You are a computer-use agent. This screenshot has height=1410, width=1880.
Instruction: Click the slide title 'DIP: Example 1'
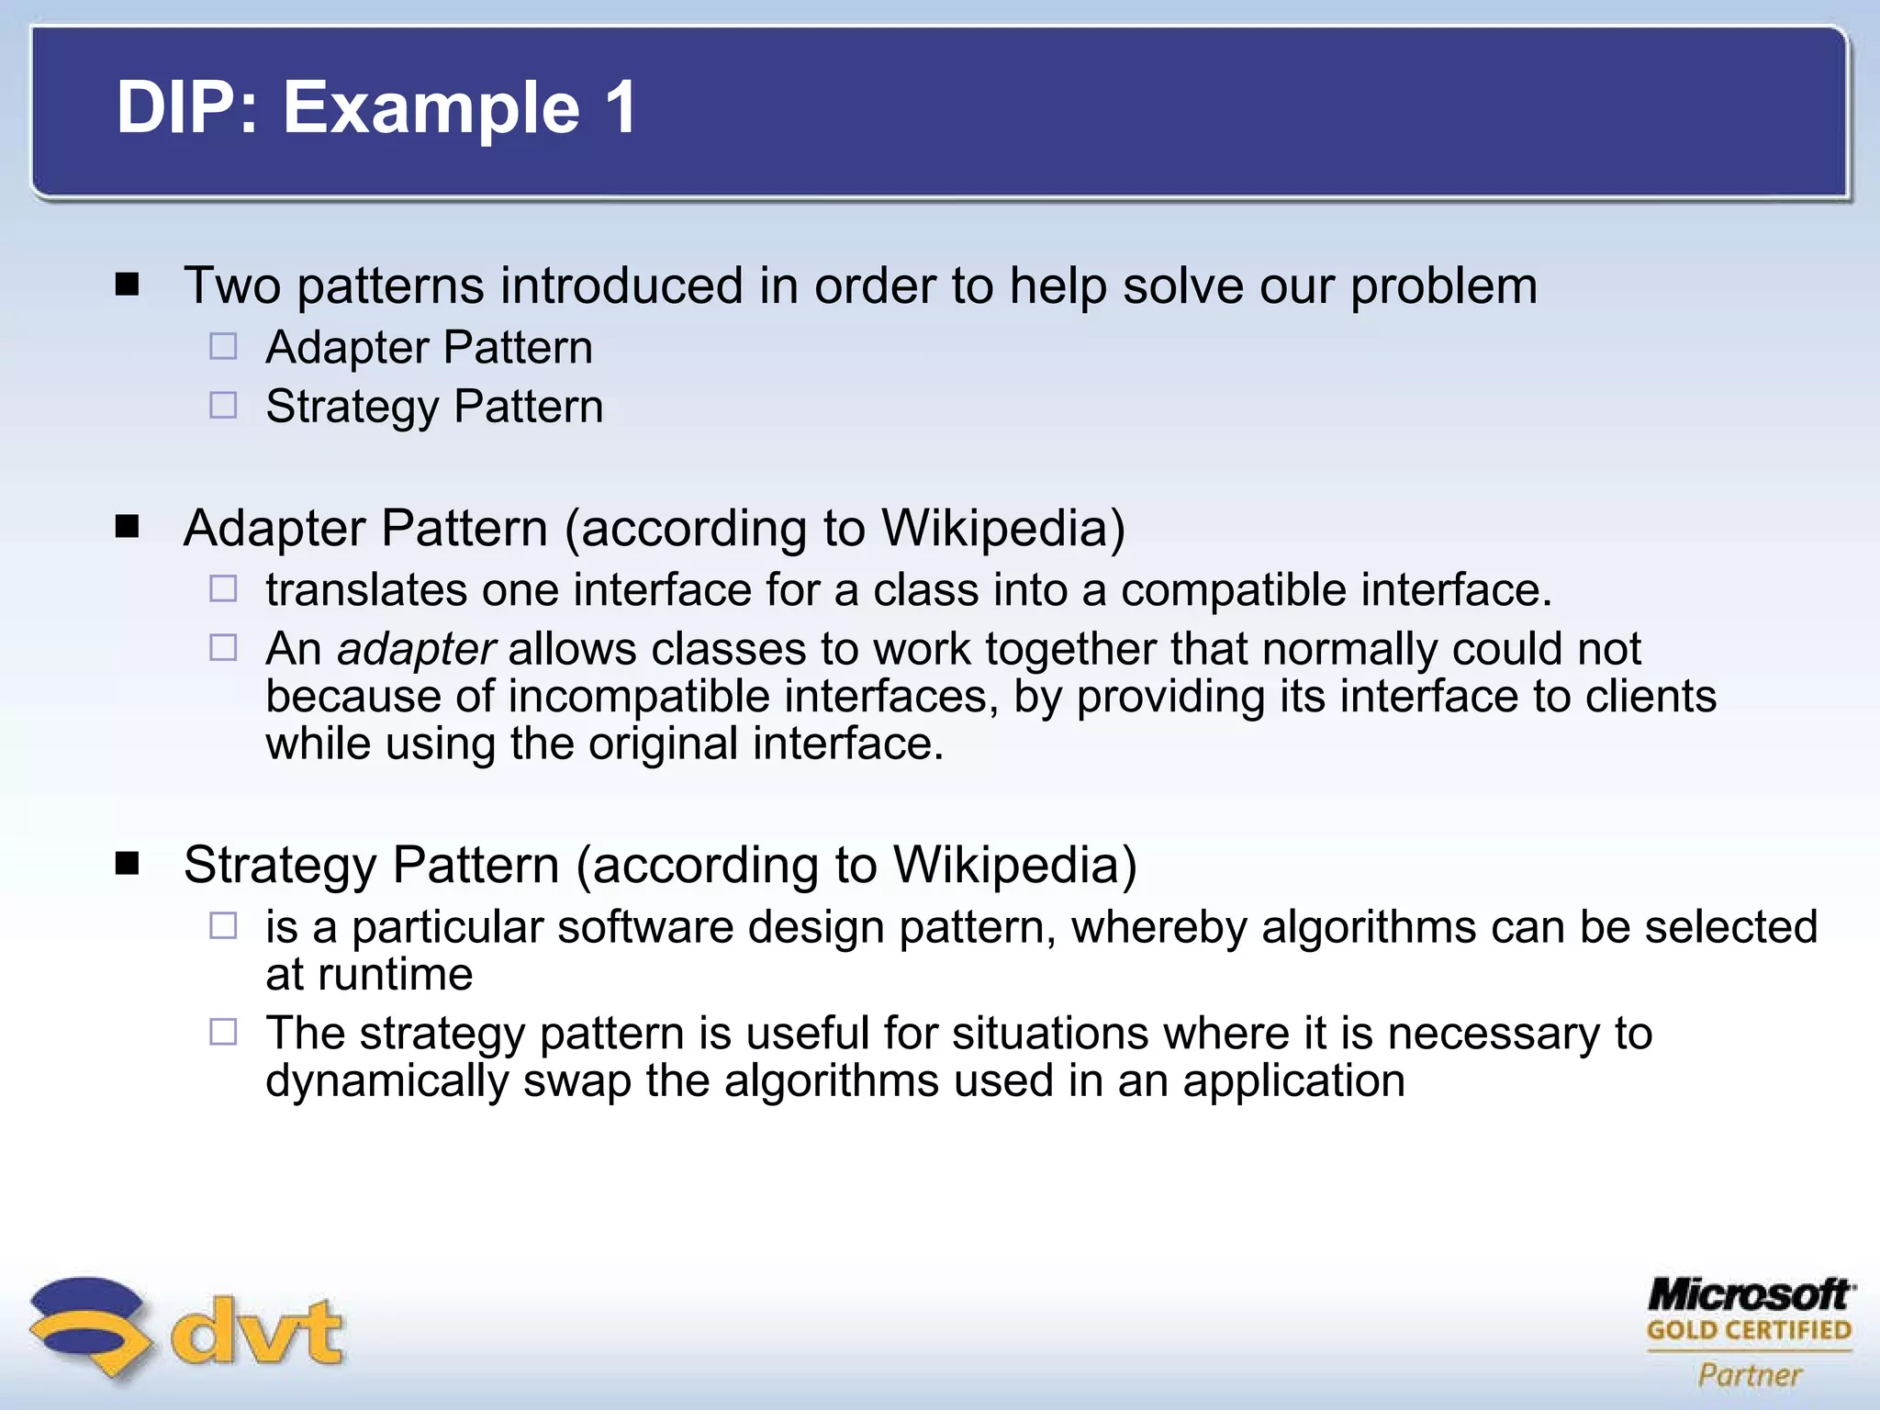(x=376, y=107)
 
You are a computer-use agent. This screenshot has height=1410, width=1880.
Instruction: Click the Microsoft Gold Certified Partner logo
(x=1750, y=1332)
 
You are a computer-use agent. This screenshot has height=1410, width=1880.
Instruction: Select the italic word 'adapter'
(x=417, y=649)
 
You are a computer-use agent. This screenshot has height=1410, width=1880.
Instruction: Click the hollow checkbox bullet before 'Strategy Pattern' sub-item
(x=223, y=406)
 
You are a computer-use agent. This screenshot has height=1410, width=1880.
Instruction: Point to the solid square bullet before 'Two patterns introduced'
(x=128, y=285)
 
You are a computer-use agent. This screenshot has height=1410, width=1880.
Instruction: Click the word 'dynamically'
(x=386, y=1080)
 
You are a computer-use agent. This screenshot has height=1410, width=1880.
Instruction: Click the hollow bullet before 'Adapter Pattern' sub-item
(x=223, y=347)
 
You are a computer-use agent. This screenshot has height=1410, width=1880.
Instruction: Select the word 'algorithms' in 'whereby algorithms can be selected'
(x=1369, y=927)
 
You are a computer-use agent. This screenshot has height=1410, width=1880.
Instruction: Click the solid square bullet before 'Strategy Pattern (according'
(x=128, y=864)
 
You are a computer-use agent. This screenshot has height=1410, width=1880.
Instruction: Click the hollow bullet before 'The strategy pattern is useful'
(x=223, y=1033)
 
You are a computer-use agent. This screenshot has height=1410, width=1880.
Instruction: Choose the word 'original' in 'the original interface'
(x=663, y=744)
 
